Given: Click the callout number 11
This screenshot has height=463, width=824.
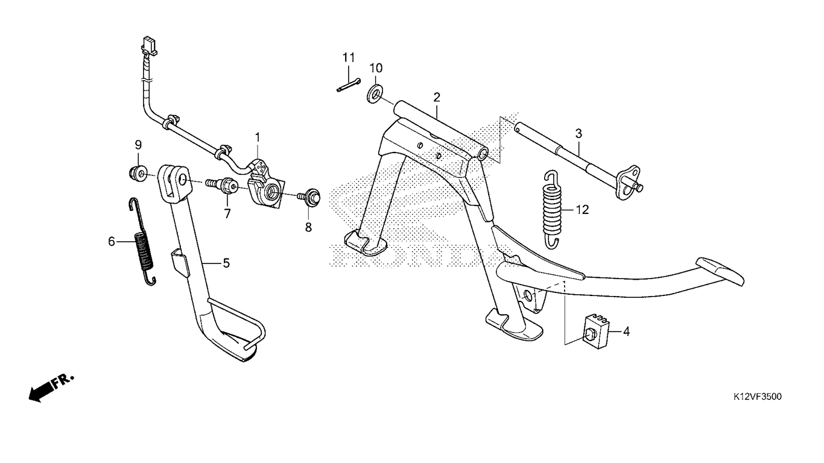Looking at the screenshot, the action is tap(349, 58).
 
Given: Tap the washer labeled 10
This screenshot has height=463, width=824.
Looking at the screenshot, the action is tap(375, 95).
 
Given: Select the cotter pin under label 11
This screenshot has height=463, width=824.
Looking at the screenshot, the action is tap(349, 85).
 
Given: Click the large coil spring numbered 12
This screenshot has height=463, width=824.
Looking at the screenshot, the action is tap(552, 209).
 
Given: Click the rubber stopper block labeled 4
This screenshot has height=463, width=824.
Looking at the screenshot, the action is tap(595, 332).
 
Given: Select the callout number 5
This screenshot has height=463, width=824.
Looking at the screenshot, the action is tap(226, 263).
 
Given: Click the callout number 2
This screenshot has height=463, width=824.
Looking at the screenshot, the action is tap(437, 98).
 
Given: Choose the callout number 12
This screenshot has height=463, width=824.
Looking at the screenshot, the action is tap(582, 210).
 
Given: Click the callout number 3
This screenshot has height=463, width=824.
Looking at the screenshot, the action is tap(578, 133).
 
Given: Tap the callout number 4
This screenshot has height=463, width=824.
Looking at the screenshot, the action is tap(626, 332).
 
